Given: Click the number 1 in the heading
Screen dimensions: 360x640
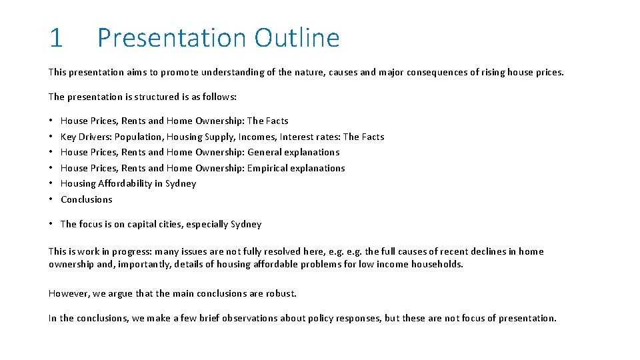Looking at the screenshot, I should click(x=56, y=38).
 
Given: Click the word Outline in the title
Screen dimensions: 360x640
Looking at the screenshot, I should click(x=297, y=38).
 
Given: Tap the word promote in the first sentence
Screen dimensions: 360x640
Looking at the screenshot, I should click(x=176, y=72).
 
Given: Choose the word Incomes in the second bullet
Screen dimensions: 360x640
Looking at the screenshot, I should click(x=256, y=137).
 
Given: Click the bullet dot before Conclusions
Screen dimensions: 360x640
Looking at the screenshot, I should click(x=51, y=199).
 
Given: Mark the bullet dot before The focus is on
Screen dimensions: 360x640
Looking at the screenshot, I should click(x=51, y=224).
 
